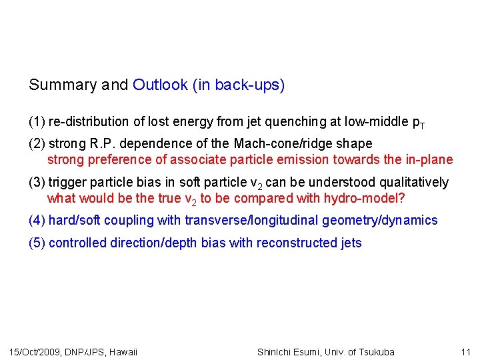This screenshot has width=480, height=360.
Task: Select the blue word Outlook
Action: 160,85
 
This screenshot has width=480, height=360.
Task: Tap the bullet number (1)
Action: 37,121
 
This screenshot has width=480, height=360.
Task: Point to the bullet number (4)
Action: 37,220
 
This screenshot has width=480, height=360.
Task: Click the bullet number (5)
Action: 37,243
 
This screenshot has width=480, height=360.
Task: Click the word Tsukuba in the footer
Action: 375,352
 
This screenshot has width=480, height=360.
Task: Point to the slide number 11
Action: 465,352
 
